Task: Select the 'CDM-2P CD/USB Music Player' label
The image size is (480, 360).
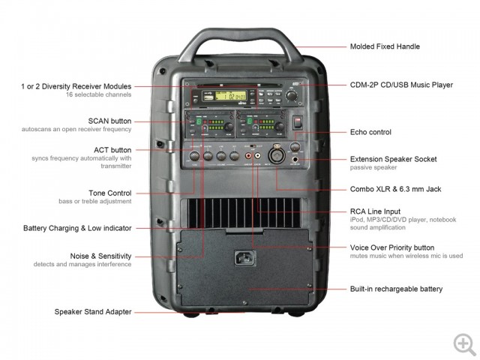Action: coord(401,85)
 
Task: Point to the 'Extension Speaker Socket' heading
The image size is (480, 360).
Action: coord(393,159)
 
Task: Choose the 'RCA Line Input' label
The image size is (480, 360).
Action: coord(376,212)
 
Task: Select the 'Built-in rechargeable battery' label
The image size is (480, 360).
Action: coord(396,289)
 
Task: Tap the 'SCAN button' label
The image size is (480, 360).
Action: coord(109,120)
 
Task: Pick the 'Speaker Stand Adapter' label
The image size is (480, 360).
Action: coord(93,311)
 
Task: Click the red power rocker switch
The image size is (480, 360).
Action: coord(298,122)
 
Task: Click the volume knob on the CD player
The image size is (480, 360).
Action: coord(292,95)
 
